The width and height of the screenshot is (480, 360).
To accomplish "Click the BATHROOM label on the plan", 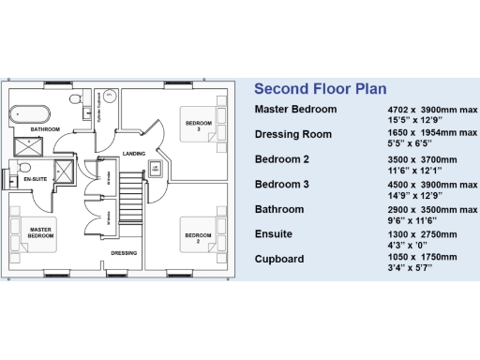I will [x=44, y=128].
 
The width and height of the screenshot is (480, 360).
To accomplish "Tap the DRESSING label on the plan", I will [x=124, y=253].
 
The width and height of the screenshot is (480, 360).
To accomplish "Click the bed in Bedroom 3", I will [x=200, y=123].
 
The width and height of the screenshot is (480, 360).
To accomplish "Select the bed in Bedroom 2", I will [x=200, y=234].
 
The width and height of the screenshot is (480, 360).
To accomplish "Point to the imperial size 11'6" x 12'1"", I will [x=413, y=172].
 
